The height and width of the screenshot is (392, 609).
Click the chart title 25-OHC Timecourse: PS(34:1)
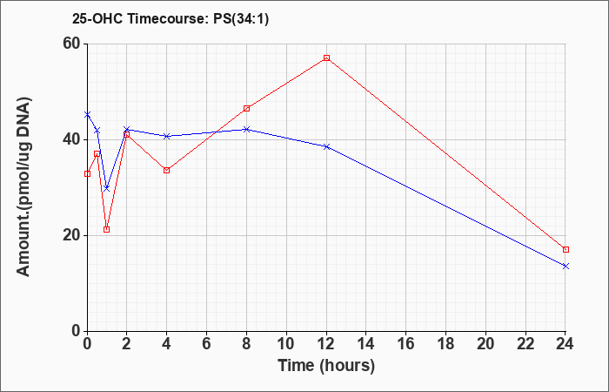pos(171,18)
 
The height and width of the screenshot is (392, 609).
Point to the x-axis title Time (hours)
pos(326,366)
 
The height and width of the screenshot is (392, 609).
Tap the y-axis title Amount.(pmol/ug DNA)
pos(23,186)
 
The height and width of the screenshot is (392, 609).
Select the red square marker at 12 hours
pos(326,58)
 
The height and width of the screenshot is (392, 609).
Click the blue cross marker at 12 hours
pos(326,146)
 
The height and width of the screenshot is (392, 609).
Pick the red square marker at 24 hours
pos(565,249)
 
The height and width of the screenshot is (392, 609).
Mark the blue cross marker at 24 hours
pos(565,266)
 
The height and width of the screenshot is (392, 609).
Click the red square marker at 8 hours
pos(246,109)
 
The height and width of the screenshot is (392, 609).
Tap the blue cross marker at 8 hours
pos(246,129)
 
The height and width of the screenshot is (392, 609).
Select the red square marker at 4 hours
pos(167,170)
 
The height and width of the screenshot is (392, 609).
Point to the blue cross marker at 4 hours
pos(167,136)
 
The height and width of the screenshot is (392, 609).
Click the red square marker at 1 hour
pos(107,229)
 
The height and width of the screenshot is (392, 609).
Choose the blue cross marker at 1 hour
pos(107,189)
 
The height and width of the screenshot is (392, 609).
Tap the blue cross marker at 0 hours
pos(87,114)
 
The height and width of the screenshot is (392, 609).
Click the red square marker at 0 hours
pos(87,173)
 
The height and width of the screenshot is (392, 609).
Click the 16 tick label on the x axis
pos(406,344)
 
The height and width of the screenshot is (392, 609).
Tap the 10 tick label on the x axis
pos(286,344)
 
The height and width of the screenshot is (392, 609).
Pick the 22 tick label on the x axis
pos(525,344)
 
